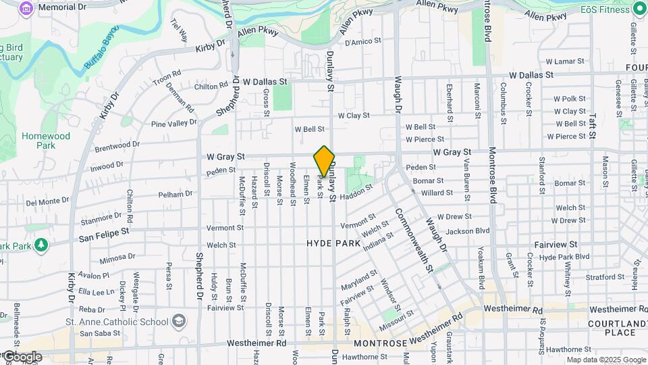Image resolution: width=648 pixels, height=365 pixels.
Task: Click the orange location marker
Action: (324, 161)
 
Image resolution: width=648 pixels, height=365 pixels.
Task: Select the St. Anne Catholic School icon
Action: (179, 320)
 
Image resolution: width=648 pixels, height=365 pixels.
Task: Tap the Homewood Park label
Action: (45, 140)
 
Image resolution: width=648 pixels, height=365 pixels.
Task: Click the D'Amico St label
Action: (363, 42)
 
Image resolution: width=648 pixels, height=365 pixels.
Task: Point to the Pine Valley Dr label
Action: (174, 124)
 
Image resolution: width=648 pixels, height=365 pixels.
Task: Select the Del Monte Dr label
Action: (43, 202)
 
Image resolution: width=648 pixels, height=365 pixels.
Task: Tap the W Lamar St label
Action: (569, 62)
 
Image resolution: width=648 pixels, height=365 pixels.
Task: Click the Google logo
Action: (22, 356)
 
